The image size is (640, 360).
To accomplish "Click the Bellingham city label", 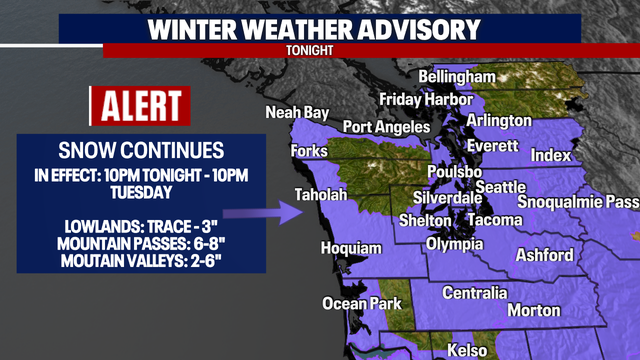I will [x=456, y=77].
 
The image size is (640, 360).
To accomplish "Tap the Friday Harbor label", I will [x=425, y=100].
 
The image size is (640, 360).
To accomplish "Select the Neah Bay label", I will [x=297, y=112].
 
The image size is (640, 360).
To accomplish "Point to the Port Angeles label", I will [x=385, y=127].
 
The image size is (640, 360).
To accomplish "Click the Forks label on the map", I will [x=309, y=151].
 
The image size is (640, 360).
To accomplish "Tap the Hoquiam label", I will [x=351, y=248].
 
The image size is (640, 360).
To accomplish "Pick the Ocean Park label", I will [x=361, y=303].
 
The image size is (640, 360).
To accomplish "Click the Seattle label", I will [x=500, y=187].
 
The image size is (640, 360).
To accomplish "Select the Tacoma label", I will [x=494, y=220].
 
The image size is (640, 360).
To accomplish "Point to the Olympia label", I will [x=455, y=243].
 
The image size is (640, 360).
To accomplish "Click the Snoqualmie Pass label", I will [x=580, y=202].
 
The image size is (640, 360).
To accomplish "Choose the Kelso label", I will [x=467, y=350].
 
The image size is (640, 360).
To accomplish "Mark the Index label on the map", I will [x=551, y=156].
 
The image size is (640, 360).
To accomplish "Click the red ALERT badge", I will [x=139, y=105].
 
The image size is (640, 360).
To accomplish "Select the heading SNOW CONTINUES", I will [x=140, y=152].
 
